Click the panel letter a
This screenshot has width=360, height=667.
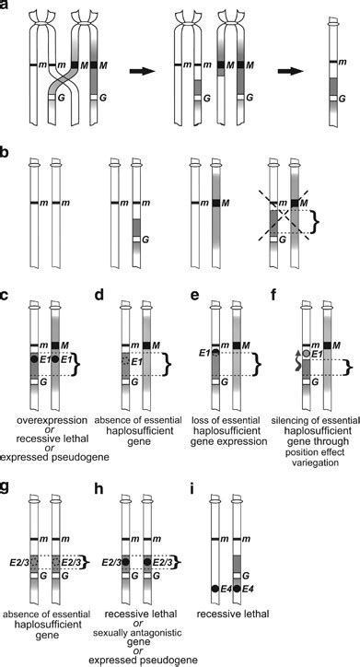click(7, 7)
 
